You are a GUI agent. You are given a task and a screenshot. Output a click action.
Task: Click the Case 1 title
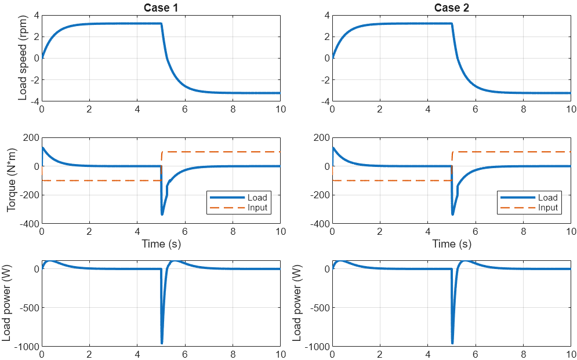pos(161,8)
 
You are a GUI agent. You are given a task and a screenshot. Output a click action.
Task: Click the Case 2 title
pos(451,8)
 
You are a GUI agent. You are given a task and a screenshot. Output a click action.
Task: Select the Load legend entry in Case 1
pos(257,198)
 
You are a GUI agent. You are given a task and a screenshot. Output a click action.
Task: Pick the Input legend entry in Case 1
pos(257,208)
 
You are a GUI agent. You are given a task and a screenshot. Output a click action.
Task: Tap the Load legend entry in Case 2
pos(547,198)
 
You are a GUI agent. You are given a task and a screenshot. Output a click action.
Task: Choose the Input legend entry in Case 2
pos(547,208)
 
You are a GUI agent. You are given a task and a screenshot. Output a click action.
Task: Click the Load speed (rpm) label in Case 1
pos(23,58)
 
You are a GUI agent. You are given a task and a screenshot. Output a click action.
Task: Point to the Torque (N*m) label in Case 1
pos(12,181)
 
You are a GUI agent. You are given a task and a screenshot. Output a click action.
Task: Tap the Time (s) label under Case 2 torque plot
pos(451,244)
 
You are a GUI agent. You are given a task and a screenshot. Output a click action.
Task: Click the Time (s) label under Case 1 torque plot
pos(161,244)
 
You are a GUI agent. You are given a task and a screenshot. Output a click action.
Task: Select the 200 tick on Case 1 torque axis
pos(30,138)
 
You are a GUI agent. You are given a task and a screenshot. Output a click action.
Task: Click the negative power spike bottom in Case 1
pos(162,343)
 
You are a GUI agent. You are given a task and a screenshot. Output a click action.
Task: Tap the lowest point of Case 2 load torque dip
pos(452,214)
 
